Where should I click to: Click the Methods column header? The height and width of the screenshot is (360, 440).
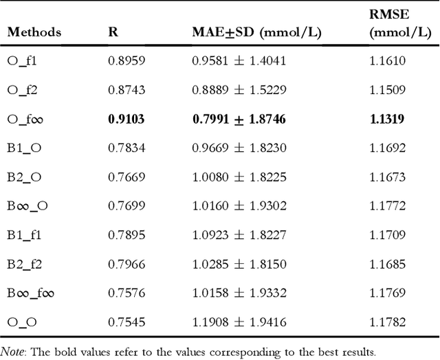point(34,32)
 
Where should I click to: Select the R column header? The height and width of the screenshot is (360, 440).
point(113,32)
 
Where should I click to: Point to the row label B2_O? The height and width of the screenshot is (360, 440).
point(25,177)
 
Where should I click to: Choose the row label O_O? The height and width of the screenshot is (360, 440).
point(22,323)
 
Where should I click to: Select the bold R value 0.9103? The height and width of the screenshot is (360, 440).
point(126,119)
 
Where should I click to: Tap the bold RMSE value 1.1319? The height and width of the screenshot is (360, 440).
point(387,119)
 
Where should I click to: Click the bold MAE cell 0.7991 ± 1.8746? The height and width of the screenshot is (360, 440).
point(239,119)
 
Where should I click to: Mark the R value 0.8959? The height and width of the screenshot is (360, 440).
point(126,60)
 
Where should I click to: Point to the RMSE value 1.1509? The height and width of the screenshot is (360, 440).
point(388,90)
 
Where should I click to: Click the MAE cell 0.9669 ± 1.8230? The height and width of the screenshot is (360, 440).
point(239,148)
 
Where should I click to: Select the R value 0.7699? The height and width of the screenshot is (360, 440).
point(126,206)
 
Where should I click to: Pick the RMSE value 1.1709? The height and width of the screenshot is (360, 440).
point(388,236)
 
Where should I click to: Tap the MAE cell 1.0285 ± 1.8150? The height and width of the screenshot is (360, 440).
point(239,265)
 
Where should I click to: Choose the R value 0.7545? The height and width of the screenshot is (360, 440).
point(126,323)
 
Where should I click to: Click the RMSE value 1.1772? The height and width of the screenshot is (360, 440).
point(388,206)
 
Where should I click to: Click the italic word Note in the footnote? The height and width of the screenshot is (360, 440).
point(13,351)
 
